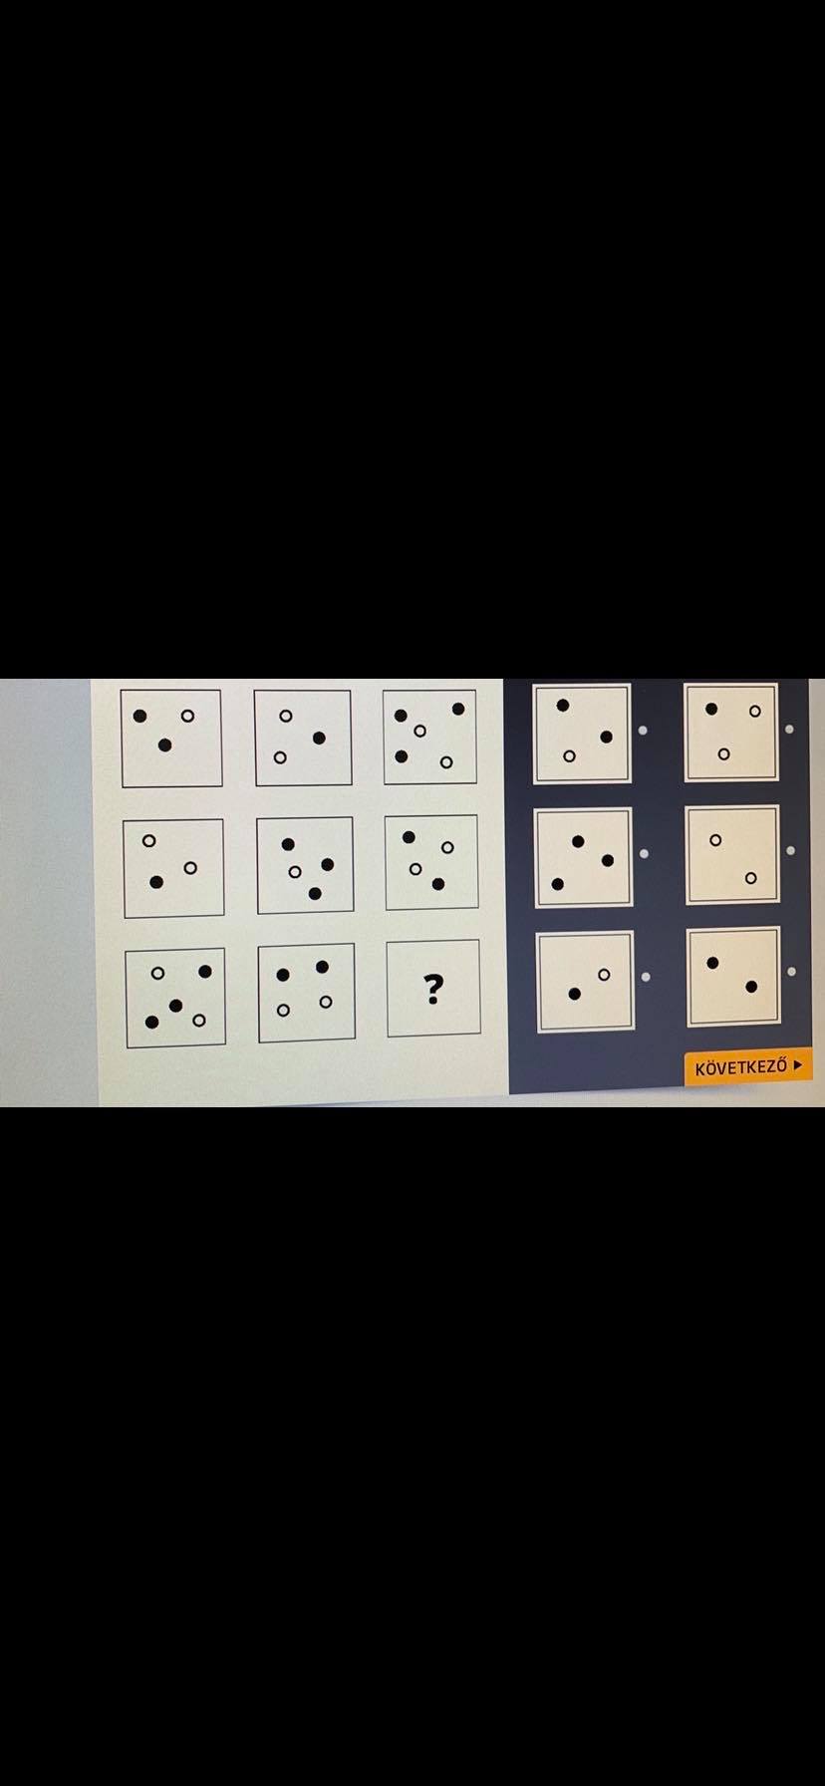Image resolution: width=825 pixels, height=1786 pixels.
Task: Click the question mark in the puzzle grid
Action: tap(432, 989)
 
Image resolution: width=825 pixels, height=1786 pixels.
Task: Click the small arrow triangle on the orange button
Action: tap(797, 1065)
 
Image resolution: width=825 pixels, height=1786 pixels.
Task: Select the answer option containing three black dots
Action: tap(583, 858)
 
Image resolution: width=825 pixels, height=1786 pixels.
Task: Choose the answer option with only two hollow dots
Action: tap(732, 855)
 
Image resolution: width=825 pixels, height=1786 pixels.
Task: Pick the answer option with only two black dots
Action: tap(733, 977)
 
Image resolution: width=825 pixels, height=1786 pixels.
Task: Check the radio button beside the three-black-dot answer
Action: tap(644, 853)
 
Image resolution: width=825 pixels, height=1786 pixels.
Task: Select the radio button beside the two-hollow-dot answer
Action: tap(790, 850)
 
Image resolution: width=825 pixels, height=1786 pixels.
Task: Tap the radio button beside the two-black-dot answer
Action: tap(791, 971)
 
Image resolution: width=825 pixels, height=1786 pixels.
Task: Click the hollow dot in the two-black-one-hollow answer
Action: tap(569, 756)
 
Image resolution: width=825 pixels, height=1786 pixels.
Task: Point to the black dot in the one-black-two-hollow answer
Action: tap(711, 709)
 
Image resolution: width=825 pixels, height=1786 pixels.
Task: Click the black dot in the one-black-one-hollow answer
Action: tap(575, 994)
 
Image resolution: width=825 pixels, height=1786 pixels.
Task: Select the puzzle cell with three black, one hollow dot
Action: tap(305, 864)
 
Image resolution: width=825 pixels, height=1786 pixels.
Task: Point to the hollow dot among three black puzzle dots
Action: tap(295, 872)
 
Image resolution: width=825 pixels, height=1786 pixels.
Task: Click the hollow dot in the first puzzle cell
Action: tap(187, 716)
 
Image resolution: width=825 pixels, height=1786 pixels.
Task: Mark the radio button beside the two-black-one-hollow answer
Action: tap(643, 731)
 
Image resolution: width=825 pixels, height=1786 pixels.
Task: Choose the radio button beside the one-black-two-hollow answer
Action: tap(790, 729)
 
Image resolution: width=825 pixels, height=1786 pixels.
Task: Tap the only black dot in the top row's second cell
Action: tap(319, 738)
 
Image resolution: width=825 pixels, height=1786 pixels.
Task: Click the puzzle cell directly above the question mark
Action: tap(431, 863)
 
